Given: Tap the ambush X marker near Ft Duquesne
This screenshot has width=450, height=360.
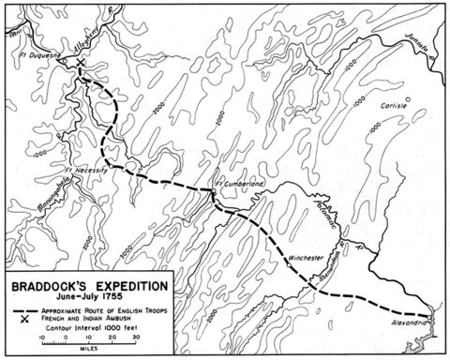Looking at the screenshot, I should click(81, 68).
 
